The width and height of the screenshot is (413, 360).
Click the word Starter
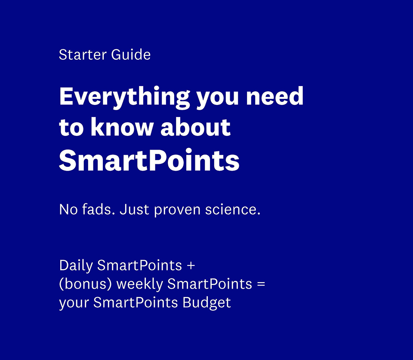(x=83, y=55)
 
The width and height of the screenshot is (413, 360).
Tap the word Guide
(x=131, y=55)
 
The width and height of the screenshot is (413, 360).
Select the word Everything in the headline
(x=124, y=98)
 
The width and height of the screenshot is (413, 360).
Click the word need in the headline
(x=275, y=96)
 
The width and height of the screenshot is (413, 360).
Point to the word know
(x=122, y=127)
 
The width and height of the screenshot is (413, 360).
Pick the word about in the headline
(x=195, y=127)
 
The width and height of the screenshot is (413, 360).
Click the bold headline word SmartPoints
(x=149, y=160)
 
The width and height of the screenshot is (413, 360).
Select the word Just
(x=134, y=209)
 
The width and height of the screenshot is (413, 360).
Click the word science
(x=233, y=209)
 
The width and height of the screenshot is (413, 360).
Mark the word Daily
(x=76, y=266)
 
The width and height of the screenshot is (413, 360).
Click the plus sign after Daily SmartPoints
(x=191, y=265)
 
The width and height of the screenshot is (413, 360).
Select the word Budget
(x=206, y=303)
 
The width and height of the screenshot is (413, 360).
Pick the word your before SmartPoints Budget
(x=74, y=303)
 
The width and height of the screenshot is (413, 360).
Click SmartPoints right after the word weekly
(x=210, y=284)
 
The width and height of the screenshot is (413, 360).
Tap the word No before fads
(x=68, y=209)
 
